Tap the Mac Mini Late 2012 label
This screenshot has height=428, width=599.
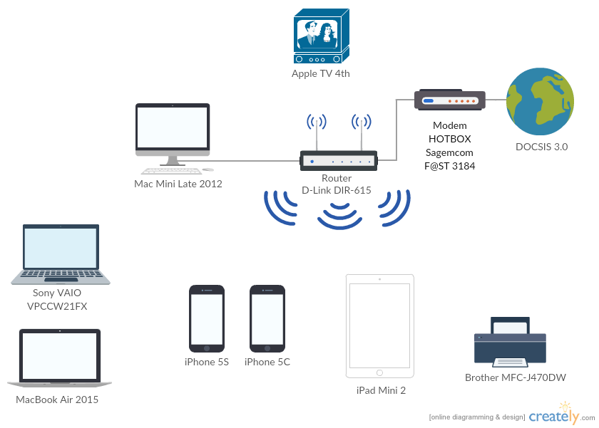tap(178, 184)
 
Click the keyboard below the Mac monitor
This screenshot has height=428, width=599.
tap(170, 171)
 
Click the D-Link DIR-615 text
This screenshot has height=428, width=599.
tap(337, 190)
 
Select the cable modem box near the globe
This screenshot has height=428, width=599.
tap(450, 100)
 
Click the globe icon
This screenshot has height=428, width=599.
tap(539, 102)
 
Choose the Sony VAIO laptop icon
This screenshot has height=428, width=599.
tap(61, 255)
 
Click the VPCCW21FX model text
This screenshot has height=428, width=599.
tap(61, 306)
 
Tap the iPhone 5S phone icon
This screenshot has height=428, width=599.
tap(207, 318)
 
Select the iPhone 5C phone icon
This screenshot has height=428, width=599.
tap(267, 318)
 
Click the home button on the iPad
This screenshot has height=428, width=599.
tap(379, 372)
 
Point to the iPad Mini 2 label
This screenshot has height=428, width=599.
tap(382, 390)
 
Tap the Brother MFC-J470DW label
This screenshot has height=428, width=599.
tap(516, 377)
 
